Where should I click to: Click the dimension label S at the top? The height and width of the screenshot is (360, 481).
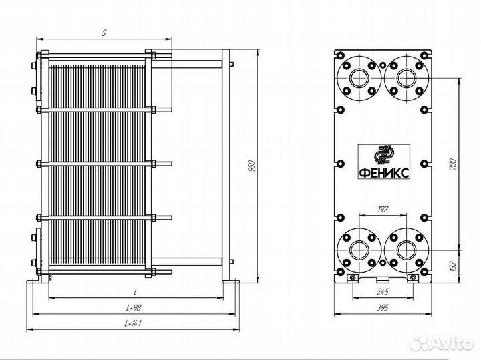104,31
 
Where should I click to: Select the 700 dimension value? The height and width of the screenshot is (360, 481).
452,163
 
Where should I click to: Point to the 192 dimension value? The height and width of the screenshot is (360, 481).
383,209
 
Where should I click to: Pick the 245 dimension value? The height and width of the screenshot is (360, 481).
382,291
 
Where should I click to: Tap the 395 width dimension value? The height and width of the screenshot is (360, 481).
382,307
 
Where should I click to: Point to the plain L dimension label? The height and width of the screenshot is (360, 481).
135,292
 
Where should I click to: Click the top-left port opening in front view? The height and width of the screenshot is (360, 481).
359,77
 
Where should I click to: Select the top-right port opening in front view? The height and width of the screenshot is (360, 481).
405,77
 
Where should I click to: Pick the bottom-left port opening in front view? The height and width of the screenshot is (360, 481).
359,249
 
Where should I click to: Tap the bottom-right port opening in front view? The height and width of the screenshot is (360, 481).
405,249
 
